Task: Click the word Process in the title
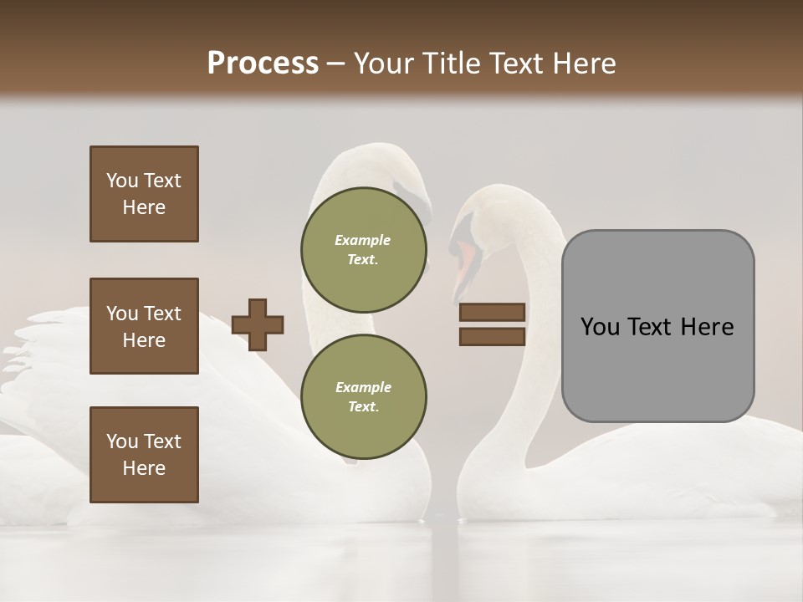click(263, 64)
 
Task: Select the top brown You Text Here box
click(144, 194)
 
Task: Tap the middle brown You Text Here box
click(144, 326)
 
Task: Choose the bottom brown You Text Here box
click(144, 455)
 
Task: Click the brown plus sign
click(258, 324)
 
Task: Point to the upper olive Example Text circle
click(363, 249)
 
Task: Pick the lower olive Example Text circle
click(363, 396)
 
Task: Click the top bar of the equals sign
click(492, 312)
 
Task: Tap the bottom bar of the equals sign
click(492, 336)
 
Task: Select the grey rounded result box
click(657, 326)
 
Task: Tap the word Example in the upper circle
click(363, 240)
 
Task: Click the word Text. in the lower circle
click(363, 406)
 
